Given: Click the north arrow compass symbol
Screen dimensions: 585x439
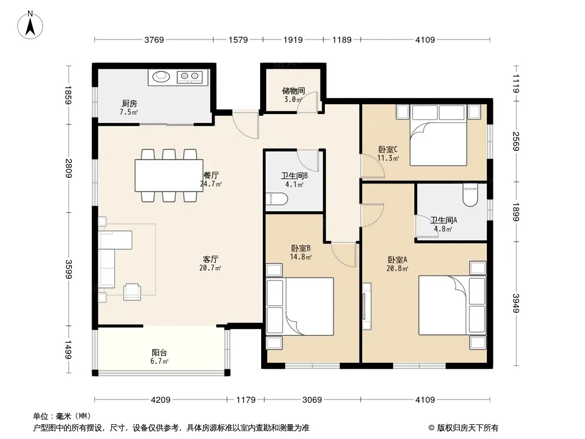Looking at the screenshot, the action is pos(30,25).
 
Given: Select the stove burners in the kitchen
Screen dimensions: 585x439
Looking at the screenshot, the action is pos(189,77).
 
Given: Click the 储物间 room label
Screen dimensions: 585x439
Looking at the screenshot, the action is pos(294,91).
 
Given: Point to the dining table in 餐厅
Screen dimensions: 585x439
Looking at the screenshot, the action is pos(169,175).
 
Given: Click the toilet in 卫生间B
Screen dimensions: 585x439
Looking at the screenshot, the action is pos(277,199).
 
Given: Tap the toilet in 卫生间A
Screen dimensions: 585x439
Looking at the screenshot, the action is pos(470,195).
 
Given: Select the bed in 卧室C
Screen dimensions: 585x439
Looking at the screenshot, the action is pos(438,135).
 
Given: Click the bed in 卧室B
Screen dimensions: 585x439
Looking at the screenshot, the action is pos(300,306).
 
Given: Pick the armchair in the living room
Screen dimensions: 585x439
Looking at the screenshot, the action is pos(132,291).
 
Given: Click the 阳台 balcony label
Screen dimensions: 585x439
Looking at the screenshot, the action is pos(159,352).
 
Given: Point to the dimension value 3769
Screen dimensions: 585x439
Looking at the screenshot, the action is pos(154,40).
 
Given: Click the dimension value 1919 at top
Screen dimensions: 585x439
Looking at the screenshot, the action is pos(293,40).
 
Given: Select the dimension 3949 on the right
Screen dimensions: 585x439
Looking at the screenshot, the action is pos(515,303).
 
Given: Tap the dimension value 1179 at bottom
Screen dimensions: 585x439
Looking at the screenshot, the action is pos(246,400).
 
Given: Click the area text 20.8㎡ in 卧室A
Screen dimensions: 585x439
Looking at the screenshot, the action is pos(397,268).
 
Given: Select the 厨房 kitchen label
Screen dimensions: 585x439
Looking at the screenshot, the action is pos(129,103).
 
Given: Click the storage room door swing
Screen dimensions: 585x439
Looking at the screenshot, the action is pos(307,102).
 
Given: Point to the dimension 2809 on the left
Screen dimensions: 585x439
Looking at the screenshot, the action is pos(68,168).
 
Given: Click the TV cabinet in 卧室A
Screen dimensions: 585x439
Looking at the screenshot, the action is pos(367,306).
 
